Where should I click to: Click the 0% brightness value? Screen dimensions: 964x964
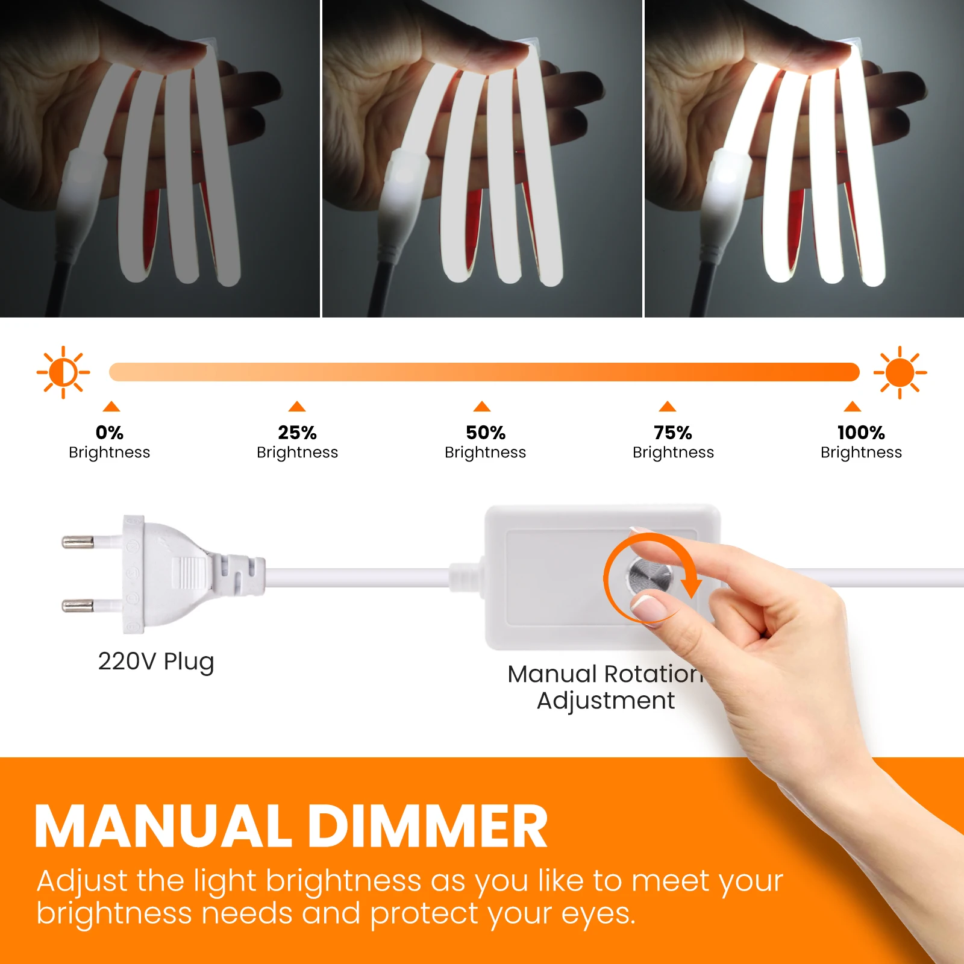[x=110, y=433]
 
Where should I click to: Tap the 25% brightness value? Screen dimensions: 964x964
[x=297, y=433]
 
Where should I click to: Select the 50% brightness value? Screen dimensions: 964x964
[x=486, y=433]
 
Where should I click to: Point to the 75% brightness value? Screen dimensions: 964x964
[x=673, y=433]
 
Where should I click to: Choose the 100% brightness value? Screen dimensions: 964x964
[x=861, y=433]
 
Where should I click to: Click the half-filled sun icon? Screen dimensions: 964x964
[x=63, y=372]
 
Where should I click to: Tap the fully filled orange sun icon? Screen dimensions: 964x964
[x=900, y=372]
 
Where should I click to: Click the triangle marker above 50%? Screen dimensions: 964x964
[x=482, y=406]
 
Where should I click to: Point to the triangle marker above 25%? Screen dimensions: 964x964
[x=297, y=406]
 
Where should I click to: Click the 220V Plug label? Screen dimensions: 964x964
[x=156, y=662]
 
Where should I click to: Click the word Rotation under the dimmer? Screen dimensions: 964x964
[x=654, y=674]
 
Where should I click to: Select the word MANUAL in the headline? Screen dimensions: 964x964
[x=163, y=827]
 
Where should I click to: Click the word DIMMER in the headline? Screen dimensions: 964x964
[x=428, y=827]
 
